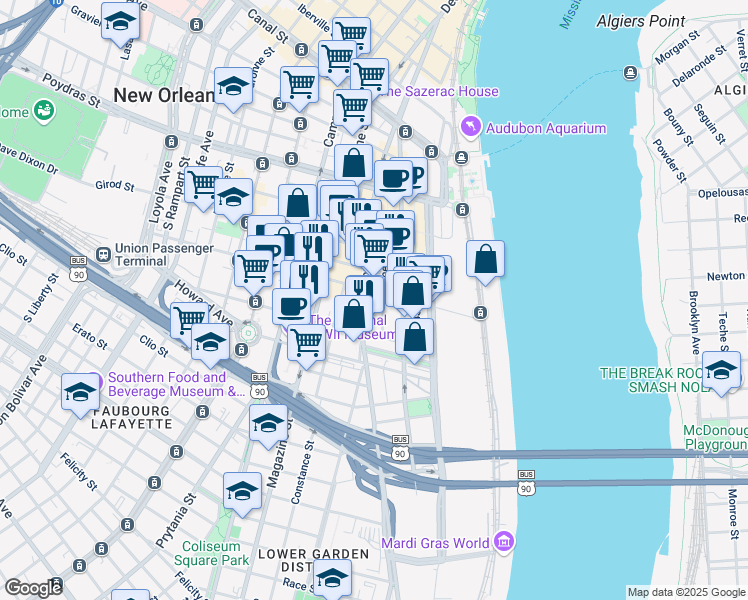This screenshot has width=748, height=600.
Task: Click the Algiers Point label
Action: point(642,20)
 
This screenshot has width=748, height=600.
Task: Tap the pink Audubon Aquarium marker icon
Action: point(469,128)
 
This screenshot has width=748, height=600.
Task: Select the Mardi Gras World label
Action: point(435,544)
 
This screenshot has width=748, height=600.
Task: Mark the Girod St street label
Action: point(114,185)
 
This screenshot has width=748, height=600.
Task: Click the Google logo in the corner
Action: point(33,588)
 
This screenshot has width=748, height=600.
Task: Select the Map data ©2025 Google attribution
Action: point(686,592)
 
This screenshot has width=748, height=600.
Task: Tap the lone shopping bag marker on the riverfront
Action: point(485,259)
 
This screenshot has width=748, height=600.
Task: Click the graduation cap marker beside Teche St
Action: point(721,371)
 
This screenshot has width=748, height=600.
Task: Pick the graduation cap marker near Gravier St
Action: point(120,22)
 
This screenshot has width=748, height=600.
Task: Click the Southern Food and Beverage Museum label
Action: point(167,384)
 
